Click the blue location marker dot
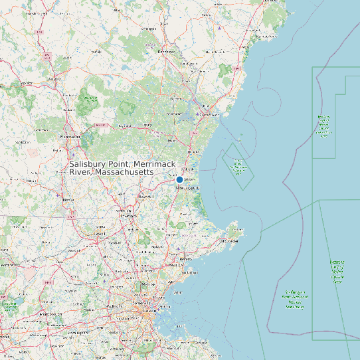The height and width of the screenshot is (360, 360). pyautogui.click(x=179, y=180)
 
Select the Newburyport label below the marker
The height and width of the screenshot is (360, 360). pyautogui.click(x=187, y=188)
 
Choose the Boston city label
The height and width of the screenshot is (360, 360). pyautogui.click(x=164, y=307)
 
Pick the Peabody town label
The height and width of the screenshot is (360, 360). pyautogui.click(x=175, y=265)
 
